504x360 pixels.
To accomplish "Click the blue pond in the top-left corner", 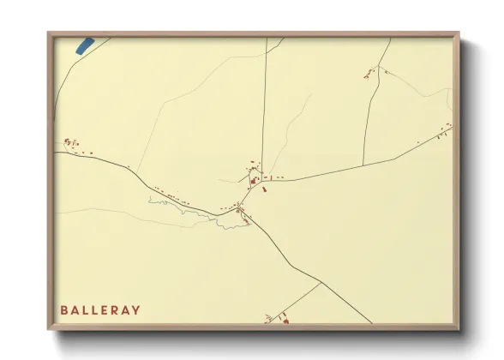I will pyautogui.click(x=84, y=46).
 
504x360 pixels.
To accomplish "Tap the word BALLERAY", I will pyautogui.click(x=100, y=309).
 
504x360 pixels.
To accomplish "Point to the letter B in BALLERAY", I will pyautogui.click(x=63, y=309).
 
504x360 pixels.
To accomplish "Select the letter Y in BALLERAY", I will pyautogui.click(x=136, y=309).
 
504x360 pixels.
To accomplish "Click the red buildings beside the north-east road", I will pyautogui.click(x=371, y=74).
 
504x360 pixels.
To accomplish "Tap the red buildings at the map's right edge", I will pyautogui.click(x=444, y=132).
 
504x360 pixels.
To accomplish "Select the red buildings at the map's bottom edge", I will pyautogui.click(x=282, y=321).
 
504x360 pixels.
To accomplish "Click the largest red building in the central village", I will pyautogui.click(x=254, y=181).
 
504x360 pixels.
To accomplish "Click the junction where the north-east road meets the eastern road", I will pyautogui.click(x=363, y=164).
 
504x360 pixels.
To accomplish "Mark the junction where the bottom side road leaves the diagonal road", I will pyautogui.click(x=321, y=284).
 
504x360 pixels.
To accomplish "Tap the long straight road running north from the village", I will pyautogui.click(x=265, y=103).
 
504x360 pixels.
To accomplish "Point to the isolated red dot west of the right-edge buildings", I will pyautogui.click(x=417, y=142).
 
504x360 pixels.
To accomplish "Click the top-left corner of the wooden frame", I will pyautogui.click(x=49, y=34).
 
